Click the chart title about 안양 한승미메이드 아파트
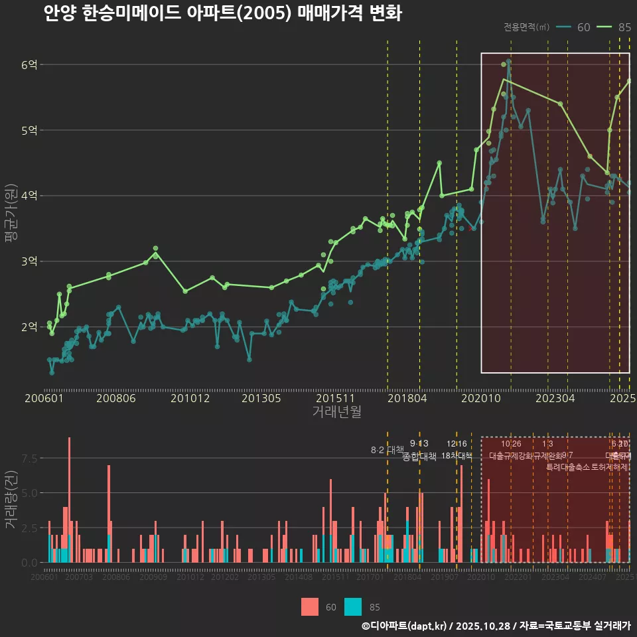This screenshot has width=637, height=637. pos(222,13)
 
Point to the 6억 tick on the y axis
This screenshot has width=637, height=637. pos(29,65)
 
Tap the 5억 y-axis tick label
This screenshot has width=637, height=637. pos(29,130)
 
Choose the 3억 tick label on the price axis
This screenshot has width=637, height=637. pos(29,261)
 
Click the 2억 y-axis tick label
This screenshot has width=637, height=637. pos(29,326)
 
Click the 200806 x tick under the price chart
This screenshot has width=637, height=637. pos(116,399)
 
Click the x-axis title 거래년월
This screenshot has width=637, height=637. pos(336,412)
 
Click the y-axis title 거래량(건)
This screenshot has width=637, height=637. pos(11,499)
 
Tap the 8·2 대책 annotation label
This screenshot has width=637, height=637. pos(387,450)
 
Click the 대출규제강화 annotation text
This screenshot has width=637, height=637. pos(511,456)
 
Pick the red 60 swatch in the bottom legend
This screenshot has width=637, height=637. pos(309,606)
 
